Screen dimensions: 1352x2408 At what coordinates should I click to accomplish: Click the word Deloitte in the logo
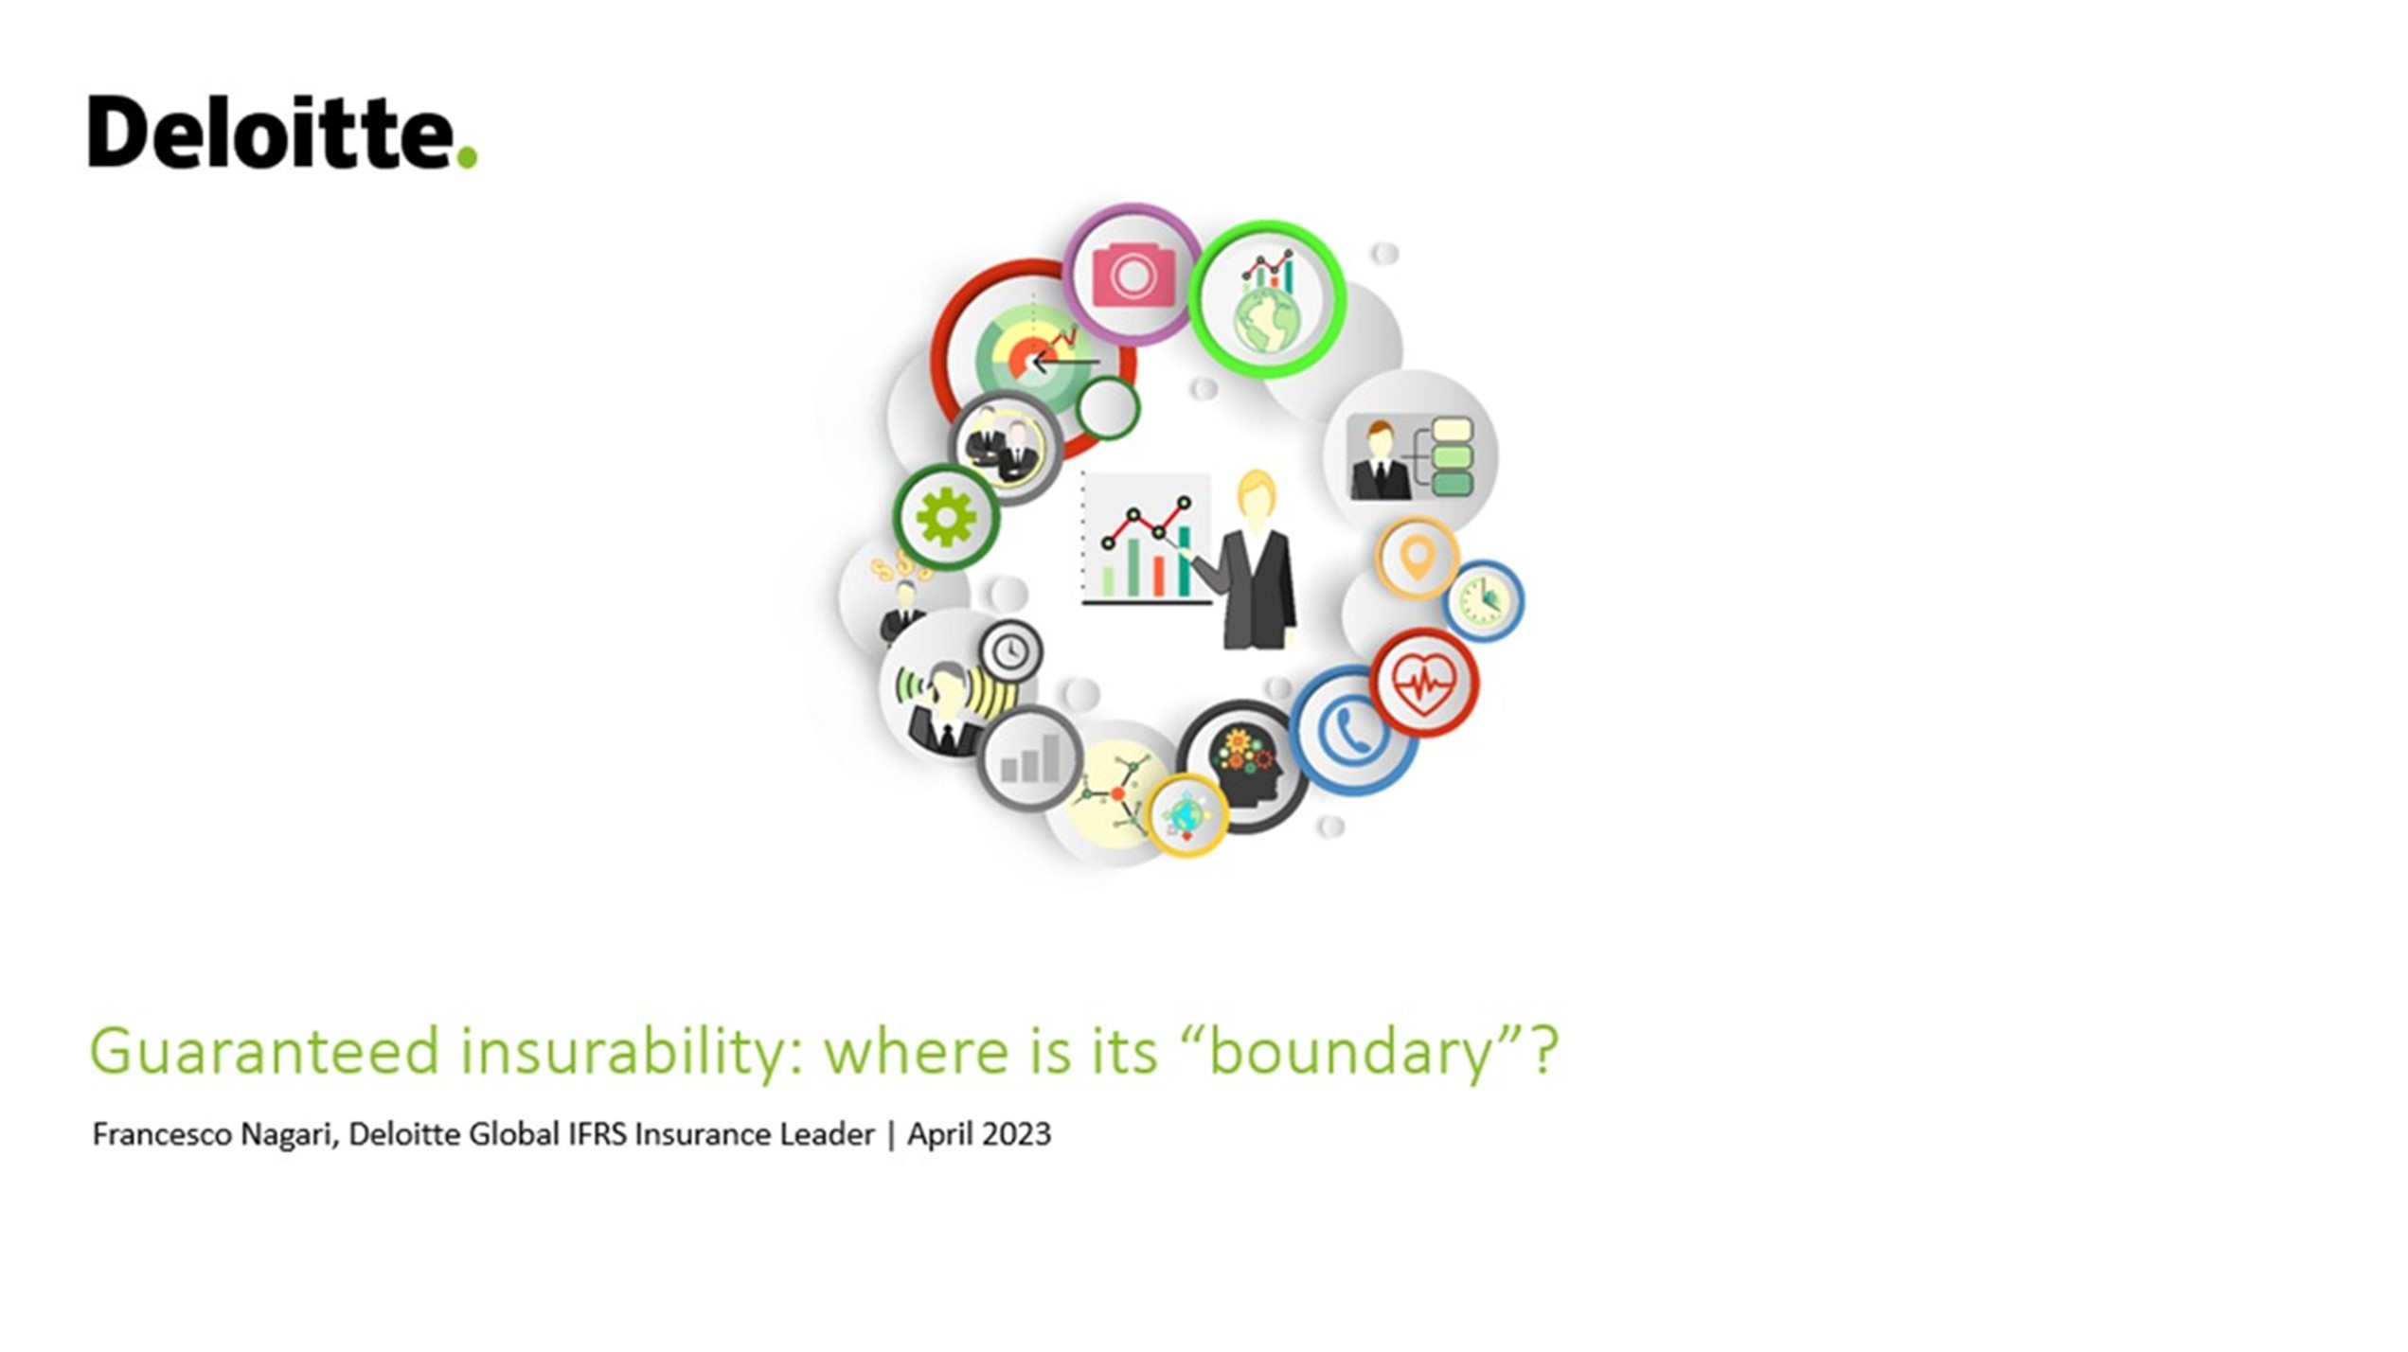point(271,133)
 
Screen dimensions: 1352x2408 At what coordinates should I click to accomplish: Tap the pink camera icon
point(1133,276)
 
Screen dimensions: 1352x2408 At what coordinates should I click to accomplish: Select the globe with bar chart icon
point(1268,301)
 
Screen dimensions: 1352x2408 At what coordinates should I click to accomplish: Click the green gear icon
point(945,518)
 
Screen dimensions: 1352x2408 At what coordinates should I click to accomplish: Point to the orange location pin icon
point(1417,558)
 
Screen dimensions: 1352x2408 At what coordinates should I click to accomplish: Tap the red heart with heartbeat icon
point(1423,683)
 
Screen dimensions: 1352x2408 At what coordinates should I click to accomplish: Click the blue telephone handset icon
point(1351,730)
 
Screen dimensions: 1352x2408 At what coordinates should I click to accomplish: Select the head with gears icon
point(1244,765)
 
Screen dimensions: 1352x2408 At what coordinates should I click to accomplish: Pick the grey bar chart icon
point(1030,758)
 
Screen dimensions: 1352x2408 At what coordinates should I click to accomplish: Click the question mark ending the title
point(1544,1050)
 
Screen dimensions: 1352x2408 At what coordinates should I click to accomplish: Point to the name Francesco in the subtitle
point(161,1134)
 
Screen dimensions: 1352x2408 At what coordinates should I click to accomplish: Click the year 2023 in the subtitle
point(1017,1134)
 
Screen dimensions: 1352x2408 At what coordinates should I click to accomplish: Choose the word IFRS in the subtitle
point(597,1134)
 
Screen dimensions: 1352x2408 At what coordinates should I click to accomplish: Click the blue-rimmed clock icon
point(1482,601)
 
